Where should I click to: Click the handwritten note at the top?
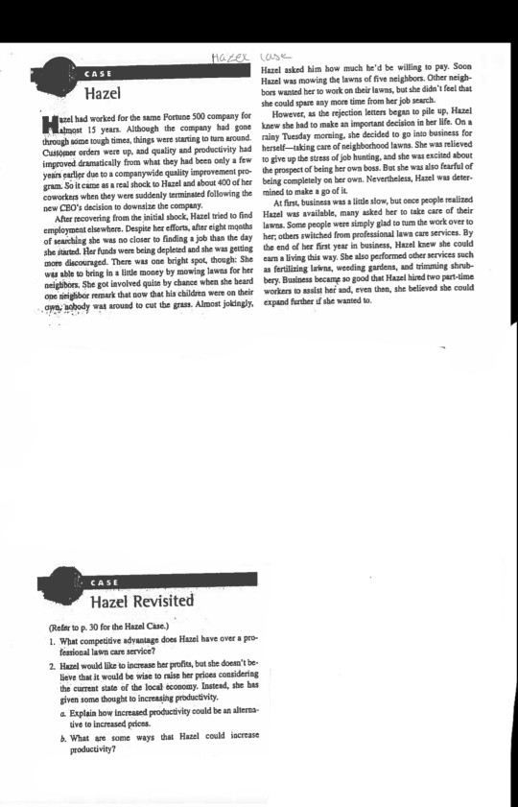click(x=258, y=60)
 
